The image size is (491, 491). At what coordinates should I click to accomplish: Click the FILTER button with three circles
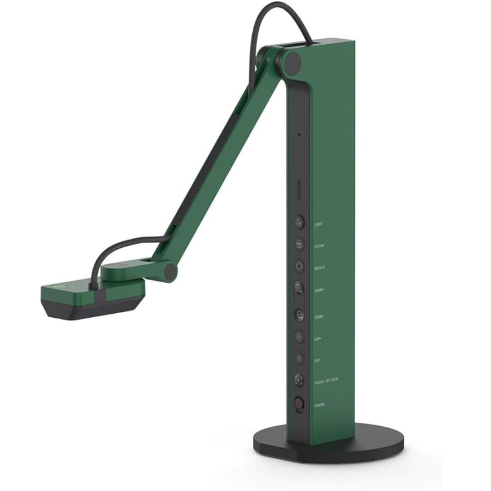[x=299, y=244]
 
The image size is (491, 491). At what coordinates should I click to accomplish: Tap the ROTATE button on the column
[x=299, y=266]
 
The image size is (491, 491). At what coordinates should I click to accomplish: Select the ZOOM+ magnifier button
[x=299, y=288]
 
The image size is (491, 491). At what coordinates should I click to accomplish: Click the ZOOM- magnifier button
[x=299, y=314]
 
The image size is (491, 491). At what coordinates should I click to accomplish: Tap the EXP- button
[x=299, y=359]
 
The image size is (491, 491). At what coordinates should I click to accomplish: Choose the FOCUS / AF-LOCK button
[x=299, y=380]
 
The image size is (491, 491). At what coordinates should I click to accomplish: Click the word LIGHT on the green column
[x=319, y=225]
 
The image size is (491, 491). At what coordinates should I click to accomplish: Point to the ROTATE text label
[x=320, y=268]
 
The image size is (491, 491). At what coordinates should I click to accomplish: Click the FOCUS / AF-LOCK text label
[x=326, y=382]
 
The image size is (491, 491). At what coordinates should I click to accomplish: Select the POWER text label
[x=320, y=404]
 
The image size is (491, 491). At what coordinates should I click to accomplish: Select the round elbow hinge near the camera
[x=170, y=272]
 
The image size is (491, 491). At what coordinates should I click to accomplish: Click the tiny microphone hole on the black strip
[x=299, y=135]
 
